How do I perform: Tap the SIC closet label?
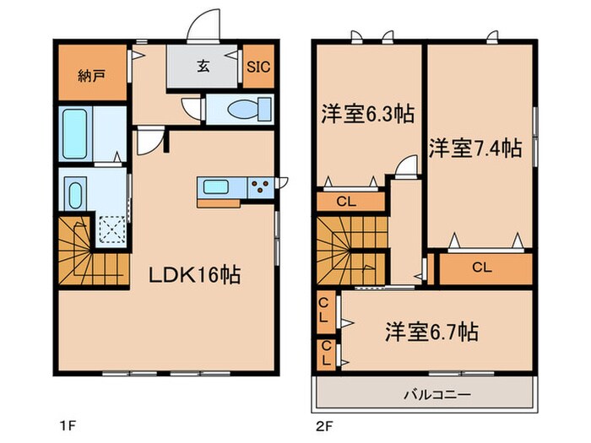[258, 67]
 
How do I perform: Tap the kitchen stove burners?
[260, 186]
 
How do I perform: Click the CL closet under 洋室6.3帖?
[345, 202]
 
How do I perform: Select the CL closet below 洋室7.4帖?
[481, 268]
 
